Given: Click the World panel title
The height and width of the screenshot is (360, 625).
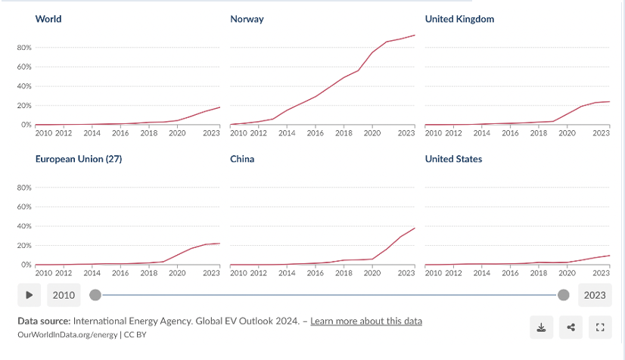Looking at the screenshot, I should tap(48, 19).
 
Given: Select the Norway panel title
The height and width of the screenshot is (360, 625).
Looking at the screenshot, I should tap(247, 19).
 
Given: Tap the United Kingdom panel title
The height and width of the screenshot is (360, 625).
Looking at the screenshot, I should tap(459, 19).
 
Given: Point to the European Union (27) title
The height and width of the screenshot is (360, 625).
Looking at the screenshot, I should tap(79, 159).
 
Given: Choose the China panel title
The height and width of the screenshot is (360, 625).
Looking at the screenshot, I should tap(242, 159).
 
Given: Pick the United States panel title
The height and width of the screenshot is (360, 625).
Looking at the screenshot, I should tap(453, 159).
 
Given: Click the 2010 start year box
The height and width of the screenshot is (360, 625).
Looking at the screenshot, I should tap(64, 295).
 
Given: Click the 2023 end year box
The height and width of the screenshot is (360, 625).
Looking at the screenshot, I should tap(595, 295).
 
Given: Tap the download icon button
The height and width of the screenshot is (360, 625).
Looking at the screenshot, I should tap(541, 327).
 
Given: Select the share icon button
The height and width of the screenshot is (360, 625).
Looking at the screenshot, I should tap(571, 327).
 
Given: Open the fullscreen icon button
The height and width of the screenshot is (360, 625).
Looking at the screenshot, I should tap(600, 327).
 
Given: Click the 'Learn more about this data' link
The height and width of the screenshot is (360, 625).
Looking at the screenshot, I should tap(366, 321).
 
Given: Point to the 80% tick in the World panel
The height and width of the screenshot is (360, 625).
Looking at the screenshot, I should tap(23, 48).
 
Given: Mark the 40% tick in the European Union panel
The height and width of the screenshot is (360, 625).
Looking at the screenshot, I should tap(23, 226).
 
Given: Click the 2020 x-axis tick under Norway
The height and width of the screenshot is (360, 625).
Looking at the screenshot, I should tap(372, 133).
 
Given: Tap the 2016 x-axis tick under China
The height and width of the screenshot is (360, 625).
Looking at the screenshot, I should tap(316, 273).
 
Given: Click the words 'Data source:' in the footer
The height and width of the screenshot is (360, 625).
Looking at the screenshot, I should tap(44, 321).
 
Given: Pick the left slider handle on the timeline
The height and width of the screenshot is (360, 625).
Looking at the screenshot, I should tap(95, 295).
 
